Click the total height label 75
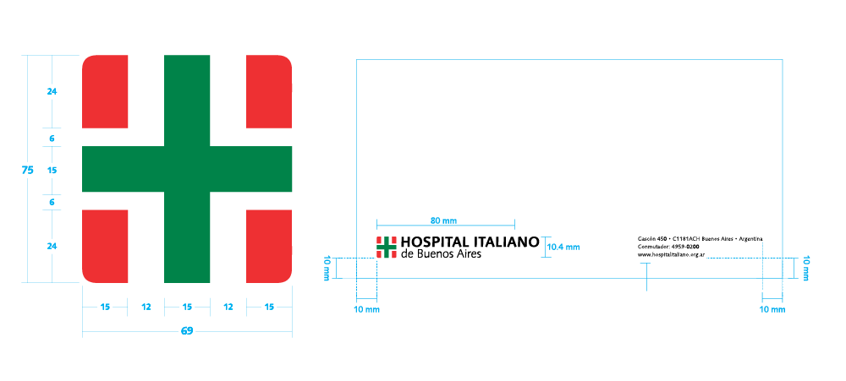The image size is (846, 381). pos(27,170)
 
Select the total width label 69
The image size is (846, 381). pos(187,331)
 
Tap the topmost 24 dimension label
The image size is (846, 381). pos(52,91)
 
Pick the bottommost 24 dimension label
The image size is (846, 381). pos(52,246)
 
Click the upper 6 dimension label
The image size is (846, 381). pos(52,139)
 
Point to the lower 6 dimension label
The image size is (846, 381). pos(52,203)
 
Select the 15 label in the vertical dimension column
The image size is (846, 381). pos(52,171)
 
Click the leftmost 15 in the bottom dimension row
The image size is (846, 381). pos(105,307)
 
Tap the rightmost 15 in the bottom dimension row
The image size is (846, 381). pos(269,307)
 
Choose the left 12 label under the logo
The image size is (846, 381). pos(146,307)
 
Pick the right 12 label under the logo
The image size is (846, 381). pos(228,307)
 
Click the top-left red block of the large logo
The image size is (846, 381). pos(106,91)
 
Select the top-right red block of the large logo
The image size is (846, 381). pos(269,91)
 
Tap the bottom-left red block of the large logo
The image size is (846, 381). pos(106,246)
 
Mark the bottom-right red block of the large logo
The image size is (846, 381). pos(269,246)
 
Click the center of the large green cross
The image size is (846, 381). pos(187,169)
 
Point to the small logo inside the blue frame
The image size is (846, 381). pos(387,248)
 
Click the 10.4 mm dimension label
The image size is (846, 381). pos(563,248)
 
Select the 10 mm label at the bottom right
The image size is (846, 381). pos(772,310)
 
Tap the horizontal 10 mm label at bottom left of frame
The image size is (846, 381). pos(366,310)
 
